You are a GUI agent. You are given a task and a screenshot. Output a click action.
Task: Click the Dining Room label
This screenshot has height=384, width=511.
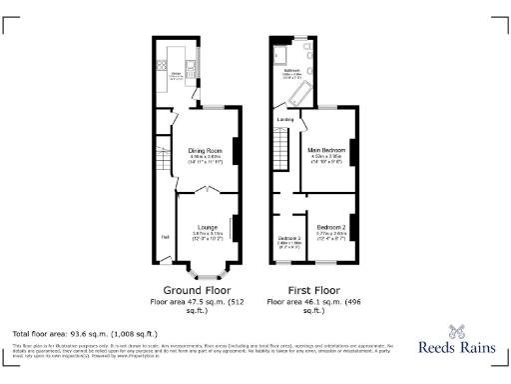pos(205,151)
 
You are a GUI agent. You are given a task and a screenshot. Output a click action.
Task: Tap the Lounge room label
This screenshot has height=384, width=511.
pos(207,226)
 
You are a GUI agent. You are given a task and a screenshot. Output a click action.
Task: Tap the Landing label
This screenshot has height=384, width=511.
pos(284,120)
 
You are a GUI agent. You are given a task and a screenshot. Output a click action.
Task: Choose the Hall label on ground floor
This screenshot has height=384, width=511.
pos(164,236)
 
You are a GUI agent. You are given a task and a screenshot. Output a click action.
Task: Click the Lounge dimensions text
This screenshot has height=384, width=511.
pos(207,235)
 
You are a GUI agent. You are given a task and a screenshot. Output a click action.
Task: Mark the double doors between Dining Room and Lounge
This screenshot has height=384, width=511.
pos(207,194)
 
